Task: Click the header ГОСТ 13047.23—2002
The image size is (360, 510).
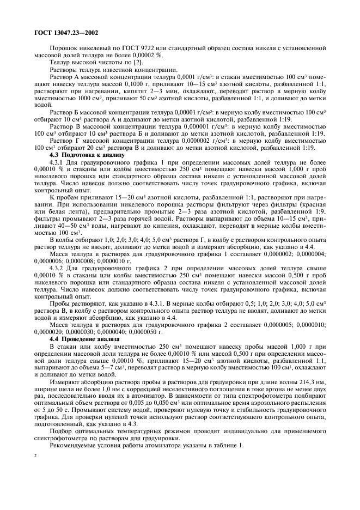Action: click(x=59, y=33)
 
